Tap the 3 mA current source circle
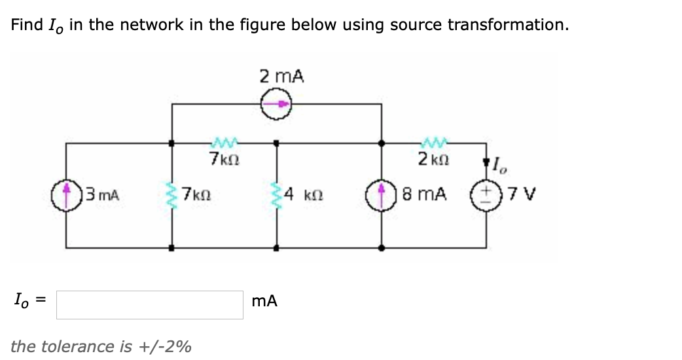(66, 194)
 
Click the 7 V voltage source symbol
(487, 194)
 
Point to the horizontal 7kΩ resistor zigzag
(223, 142)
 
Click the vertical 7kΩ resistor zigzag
(172, 194)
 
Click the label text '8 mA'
(425, 194)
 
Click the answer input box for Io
(150, 304)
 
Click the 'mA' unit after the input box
(264, 301)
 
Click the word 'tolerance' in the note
(94, 346)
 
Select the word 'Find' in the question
(27, 25)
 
